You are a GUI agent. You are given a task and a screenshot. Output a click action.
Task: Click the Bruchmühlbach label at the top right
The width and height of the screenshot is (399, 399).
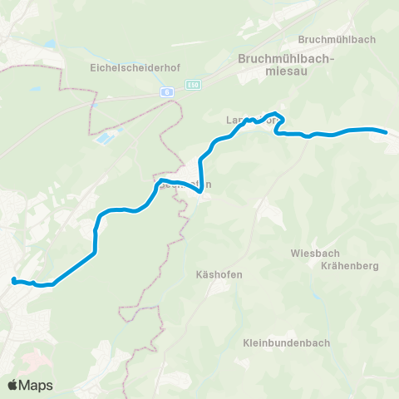[x=337, y=39]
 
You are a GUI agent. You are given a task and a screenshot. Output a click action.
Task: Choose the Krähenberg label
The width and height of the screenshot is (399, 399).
[x=349, y=266]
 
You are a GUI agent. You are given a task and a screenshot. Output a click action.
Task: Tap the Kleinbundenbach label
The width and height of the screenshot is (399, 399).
[x=287, y=342]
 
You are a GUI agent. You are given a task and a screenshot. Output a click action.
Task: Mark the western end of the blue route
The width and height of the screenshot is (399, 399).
[x=12, y=281]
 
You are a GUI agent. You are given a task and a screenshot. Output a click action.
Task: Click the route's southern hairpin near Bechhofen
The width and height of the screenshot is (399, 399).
[x=200, y=192]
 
